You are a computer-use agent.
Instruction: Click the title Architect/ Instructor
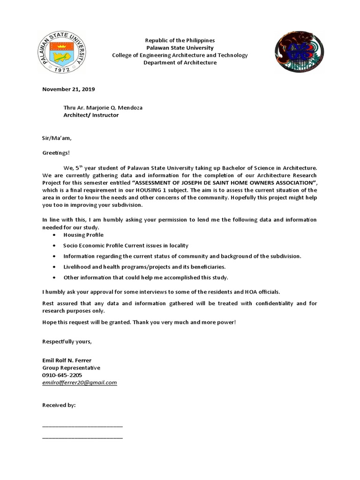[x=91, y=115]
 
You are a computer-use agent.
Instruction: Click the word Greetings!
[x=55, y=152]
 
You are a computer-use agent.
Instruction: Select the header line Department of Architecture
[x=180, y=62]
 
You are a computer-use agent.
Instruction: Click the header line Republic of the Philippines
[x=180, y=40]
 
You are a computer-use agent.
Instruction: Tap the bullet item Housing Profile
[x=84, y=234]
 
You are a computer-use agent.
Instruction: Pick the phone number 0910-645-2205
[x=62, y=375]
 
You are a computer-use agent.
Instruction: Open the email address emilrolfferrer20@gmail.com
[x=79, y=382]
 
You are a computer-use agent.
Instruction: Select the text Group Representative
[x=71, y=367]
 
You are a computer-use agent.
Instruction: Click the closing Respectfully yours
[x=67, y=341]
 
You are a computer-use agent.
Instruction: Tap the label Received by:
[x=59, y=405]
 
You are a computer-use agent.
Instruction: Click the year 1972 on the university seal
[x=65, y=69]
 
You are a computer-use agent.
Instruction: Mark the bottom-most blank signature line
[x=82, y=438]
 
